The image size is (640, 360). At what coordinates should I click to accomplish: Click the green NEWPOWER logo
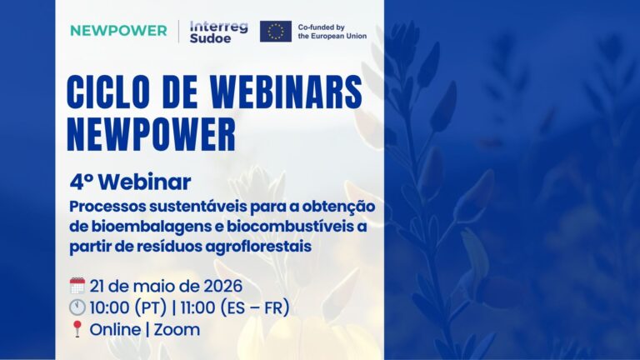[x=118, y=31]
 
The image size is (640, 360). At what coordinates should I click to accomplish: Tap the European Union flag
[x=276, y=32]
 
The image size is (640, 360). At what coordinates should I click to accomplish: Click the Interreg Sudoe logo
[x=218, y=32]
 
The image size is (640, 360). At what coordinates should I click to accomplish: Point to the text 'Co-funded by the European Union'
[x=332, y=32]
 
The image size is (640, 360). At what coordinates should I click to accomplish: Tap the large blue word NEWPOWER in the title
[x=152, y=135]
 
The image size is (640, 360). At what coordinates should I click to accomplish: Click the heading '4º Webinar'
[x=130, y=182]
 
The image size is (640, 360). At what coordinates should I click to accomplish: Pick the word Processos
[x=107, y=207]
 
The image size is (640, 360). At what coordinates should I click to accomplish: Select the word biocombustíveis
[x=291, y=226]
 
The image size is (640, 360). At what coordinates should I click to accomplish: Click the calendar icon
[x=77, y=286]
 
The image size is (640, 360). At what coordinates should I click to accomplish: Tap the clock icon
[x=77, y=307]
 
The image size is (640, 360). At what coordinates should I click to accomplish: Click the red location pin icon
[x=77, y=329]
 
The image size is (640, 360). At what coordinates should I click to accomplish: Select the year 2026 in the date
[x=222, y=286]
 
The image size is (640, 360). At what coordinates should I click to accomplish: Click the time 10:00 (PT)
[x=128, y=307]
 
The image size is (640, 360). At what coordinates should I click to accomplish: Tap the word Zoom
[x=177, y=330]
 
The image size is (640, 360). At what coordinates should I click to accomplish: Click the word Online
[x=115, y=330]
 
